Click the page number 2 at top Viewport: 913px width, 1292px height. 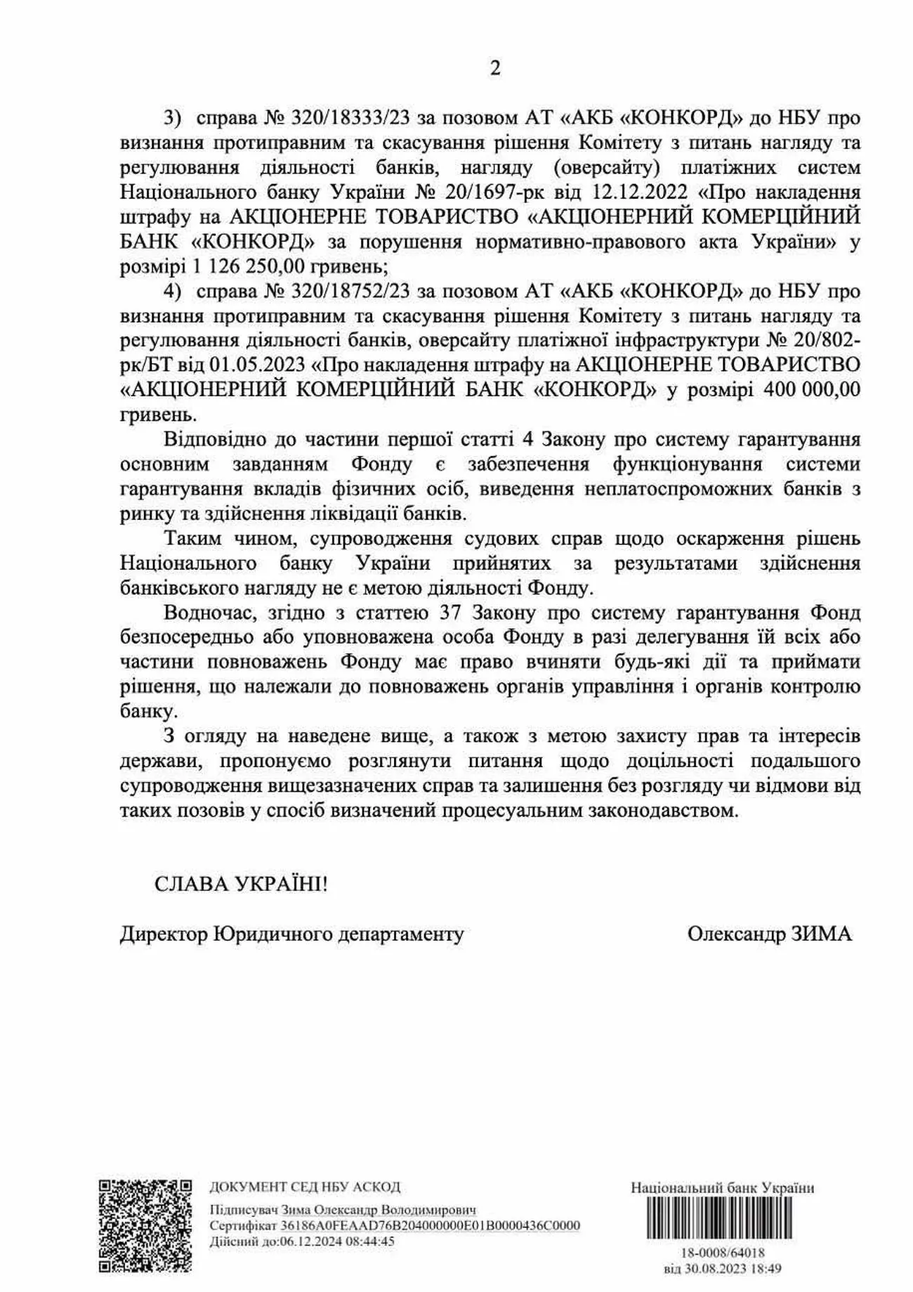494,69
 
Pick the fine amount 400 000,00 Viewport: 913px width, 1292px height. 811,390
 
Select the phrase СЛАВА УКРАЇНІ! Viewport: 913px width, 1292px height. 241,883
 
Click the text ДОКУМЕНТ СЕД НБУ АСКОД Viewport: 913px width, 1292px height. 305,1187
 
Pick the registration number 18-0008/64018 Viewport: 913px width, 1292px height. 723,1253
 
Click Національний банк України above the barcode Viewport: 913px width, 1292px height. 723,1188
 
